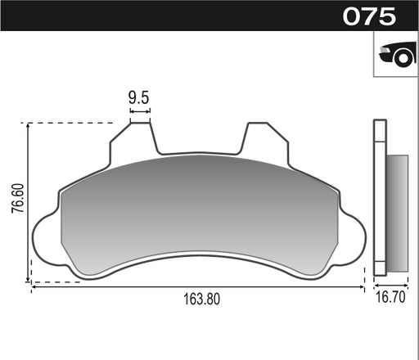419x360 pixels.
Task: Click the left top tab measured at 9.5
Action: coord(141,135)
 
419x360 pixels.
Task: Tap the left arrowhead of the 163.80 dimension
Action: coord(34,287)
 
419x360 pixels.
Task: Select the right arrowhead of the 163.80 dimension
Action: coord(362,287)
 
